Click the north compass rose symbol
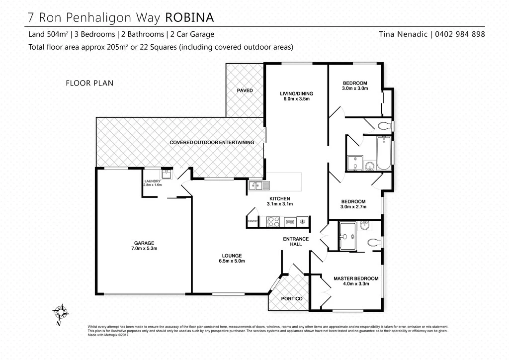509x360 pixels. (x=61, y=313)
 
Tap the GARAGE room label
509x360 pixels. (x=144, y=243)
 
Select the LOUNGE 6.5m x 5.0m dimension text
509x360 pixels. (x=232, y=261)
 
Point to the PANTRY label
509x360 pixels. (x=253, y=221)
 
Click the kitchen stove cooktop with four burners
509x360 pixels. (x=273, y=221)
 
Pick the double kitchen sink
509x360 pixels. (x=259, y=185)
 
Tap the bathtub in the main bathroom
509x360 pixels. (x=384, y=154)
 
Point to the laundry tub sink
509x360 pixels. (x=167, y=174)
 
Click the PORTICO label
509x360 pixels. (x=292, y=299)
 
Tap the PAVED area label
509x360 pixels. (x=245, y=90)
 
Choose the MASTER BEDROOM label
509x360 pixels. (x=356, y=278)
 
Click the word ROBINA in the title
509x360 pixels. (x=189, y=17)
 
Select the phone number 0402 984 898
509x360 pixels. (x=460, y=34)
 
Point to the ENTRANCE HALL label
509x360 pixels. (x=296, y=241)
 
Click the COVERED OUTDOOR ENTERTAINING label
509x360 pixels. (x=212, y=142)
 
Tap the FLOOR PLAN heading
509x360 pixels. (x=89, y=83)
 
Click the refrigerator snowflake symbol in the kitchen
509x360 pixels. (x=302, y=222)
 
